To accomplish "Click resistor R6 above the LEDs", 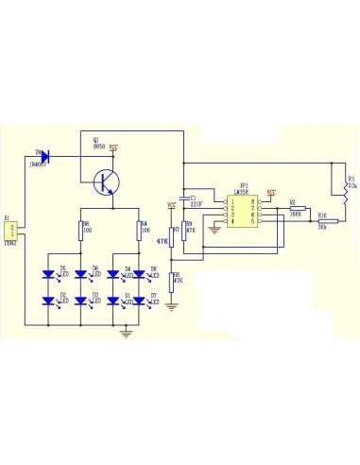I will [x=81, y=230].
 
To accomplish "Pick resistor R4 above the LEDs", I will [x=139, y=230].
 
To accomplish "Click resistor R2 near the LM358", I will [x=295, y=209].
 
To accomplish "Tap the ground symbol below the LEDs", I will [x=125, y=331].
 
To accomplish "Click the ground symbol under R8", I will [x=171, y=304].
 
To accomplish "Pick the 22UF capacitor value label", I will [x=197, y=202].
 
